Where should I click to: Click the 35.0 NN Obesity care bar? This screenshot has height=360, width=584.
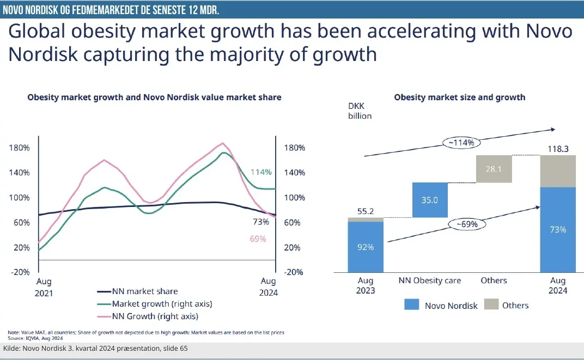[x=430, y=200]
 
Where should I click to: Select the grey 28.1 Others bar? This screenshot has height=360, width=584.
[x=494, y=169]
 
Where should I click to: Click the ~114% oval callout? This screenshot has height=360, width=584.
[x=463, y=143]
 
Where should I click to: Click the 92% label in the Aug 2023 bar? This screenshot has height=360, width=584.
[x=365, y=247]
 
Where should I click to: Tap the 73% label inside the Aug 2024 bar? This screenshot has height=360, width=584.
[x=558, y=229]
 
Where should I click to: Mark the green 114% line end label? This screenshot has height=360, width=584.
[x=261, y=172]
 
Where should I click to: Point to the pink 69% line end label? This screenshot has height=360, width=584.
[x=258, y=239]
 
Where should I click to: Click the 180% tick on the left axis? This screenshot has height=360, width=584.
[x=19, y=148]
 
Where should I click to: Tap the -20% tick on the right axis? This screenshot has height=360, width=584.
[x=294, y=272]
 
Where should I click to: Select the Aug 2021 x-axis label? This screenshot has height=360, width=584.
[x=44, y=286]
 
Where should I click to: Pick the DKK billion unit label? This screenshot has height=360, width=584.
[x=360, y=111]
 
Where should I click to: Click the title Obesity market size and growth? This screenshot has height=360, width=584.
[x=459, y=97]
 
